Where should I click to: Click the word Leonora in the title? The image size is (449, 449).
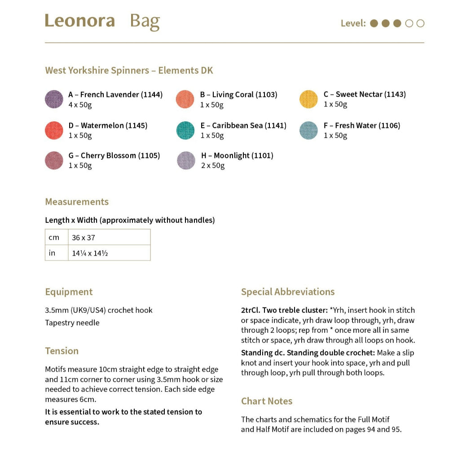[x=79, y=21]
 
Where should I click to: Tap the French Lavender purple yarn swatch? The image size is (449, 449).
[x=54, y=99]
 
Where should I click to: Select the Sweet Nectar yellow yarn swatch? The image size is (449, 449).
[x=308, y=99]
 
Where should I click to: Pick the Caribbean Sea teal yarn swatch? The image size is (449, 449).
[x=185, y=130]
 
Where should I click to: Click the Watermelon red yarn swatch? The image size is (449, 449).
[x=54, y=130]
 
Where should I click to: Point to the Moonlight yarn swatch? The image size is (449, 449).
[x=186, y=160]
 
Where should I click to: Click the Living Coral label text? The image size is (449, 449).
[x=238, y=95]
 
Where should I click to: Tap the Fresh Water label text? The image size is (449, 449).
[x=361, y=126]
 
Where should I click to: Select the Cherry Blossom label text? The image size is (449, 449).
[x=114, y=156]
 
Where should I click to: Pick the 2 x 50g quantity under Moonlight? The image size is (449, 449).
[x=213, y=166]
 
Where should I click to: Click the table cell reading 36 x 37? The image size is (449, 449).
[x=84, y=238]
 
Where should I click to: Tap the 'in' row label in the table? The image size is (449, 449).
[x=52, y=253]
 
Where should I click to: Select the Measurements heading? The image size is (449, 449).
[x=77, y=202]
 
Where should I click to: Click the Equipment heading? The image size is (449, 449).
[x=69, y=292]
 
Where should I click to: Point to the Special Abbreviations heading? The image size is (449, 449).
[x=288, y=292]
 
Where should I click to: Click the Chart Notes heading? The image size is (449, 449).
[x=267, y=401]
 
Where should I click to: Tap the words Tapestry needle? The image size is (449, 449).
[x=72, y=323]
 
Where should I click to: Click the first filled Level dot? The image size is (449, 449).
[x=374, y=23]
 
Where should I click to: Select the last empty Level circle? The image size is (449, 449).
[x=420, y=23]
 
